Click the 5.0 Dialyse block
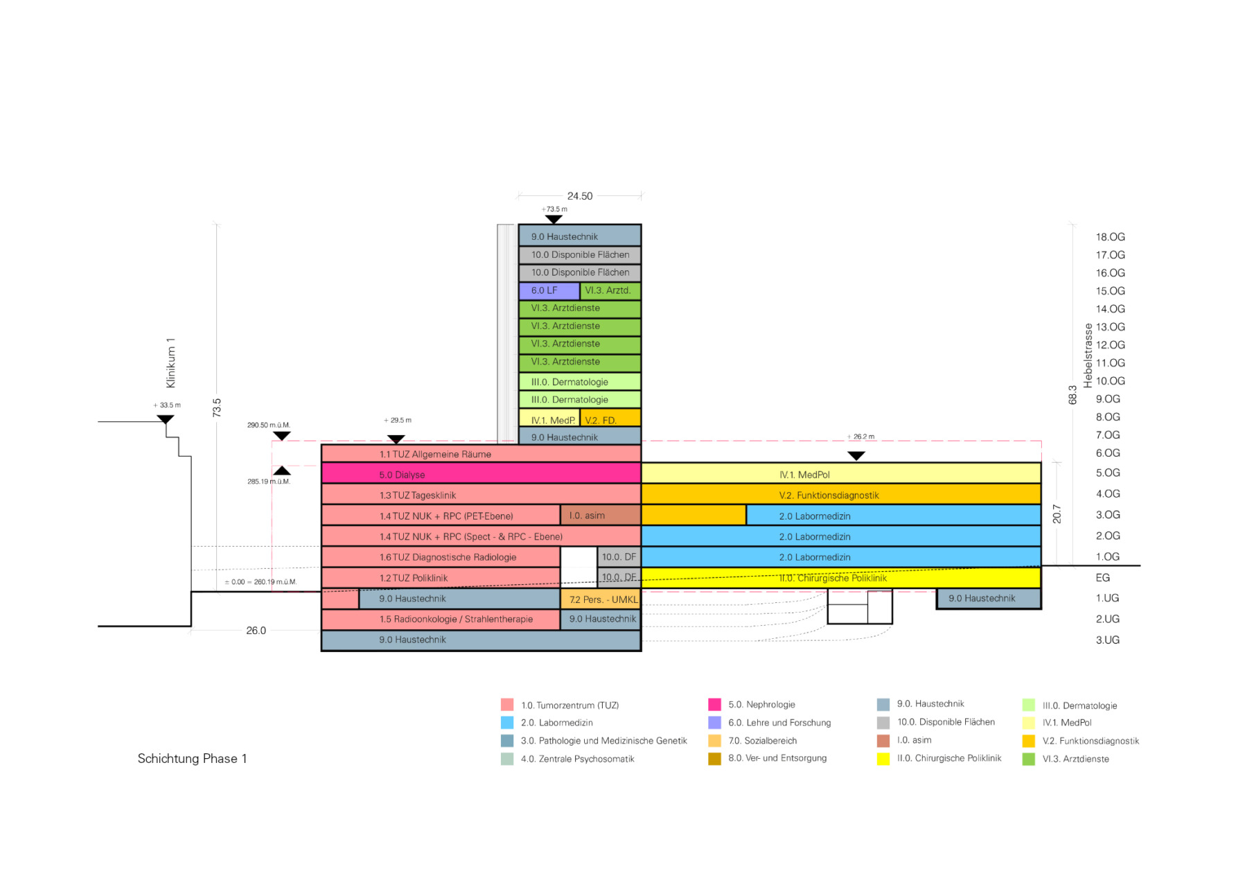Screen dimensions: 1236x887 481,474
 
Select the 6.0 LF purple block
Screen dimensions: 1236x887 549,290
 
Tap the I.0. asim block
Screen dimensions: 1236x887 600,516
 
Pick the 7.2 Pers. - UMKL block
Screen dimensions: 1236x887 600,599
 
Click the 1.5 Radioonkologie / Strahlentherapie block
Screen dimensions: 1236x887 441,619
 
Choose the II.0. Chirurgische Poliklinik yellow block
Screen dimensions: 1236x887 841,578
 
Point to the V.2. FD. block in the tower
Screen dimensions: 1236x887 610,419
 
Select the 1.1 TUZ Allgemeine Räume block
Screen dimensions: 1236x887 481,454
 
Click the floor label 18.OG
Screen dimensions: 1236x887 1110,237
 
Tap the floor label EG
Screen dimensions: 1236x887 1102,577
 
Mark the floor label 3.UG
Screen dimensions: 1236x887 1107,640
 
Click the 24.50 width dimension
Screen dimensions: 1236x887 580,196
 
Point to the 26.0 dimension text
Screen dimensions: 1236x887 256,631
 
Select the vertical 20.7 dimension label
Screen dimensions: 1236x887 1057,513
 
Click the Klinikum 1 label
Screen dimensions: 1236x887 170,363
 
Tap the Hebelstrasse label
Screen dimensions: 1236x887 1088,355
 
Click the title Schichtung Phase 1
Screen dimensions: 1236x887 192,758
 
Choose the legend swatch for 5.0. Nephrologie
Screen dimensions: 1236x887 714,704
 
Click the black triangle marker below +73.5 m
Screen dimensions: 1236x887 554,220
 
